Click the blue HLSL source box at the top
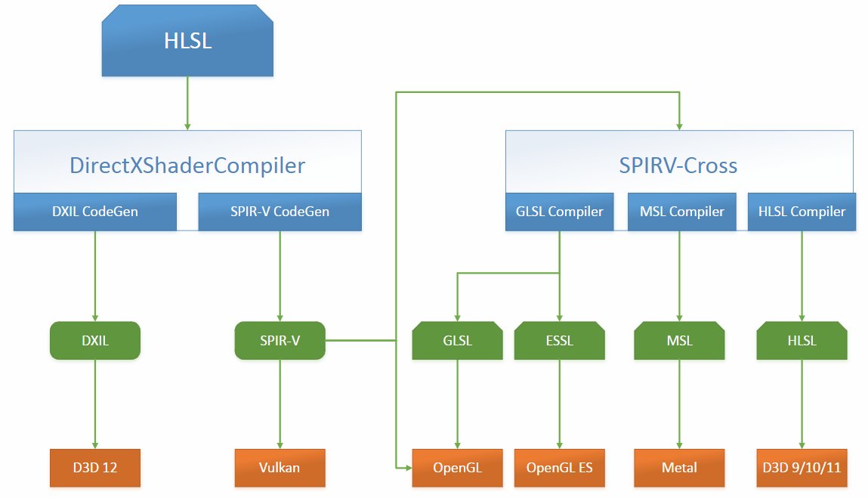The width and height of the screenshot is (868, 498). pos(187,41)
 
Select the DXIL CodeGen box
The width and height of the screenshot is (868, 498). pos(95,212)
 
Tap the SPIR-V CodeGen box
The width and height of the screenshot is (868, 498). pos(280,212)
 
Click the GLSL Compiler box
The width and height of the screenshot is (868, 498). pos(560,212)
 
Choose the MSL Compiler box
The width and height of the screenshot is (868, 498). pos(682,212)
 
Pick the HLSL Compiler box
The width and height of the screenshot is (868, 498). pos(802,212)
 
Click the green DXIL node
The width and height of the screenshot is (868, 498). pos(95,341)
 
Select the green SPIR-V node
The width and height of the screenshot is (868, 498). pos(280,341)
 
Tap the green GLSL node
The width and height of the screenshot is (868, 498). pos(457,341)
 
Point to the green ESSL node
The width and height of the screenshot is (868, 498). pos(560,341)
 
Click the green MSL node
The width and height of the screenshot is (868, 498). pos(679,341)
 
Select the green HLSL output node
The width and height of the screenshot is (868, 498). pos(802,341)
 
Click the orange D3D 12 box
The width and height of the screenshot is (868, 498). pos(95,468)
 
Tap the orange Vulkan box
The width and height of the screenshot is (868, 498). pos(280,468)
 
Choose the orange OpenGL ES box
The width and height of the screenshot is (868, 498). pos(560,468)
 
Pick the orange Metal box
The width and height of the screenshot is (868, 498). pos(679,468)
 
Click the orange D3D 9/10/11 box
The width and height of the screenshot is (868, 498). pos(802,468)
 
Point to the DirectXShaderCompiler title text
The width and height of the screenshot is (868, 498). pos(187,165)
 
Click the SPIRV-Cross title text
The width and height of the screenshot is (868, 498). pos(678,165)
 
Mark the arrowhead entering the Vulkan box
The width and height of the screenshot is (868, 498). pos(280,445)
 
